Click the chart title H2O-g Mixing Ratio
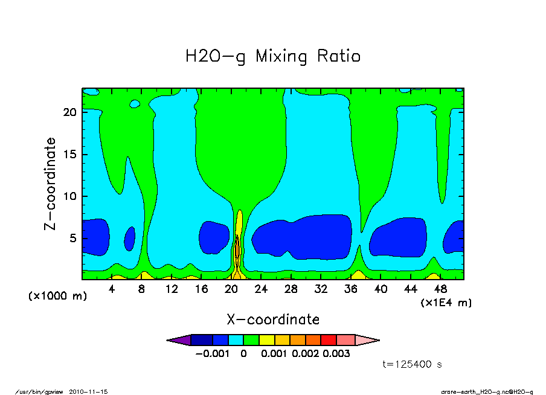(x=273, y=57)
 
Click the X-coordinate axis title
(x=273, y=319)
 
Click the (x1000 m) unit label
(x=57, y=297)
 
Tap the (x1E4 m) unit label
(x=446, y=302)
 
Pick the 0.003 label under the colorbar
(x=336, y=354)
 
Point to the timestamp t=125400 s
(x=413, y=364)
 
